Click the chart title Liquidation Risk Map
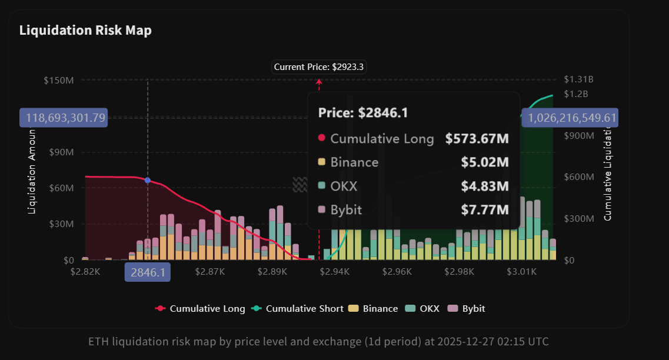click(85, 30)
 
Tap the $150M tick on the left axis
click(59, 80)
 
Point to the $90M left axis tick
click(61, 152)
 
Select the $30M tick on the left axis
click(61, 224)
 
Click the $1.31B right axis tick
click(578, 80)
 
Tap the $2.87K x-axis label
click(210, 272)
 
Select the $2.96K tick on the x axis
click(397, 272)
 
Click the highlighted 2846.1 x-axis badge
click(147, 272)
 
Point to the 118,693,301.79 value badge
click(62, 118)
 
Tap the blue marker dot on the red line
click(148, 180)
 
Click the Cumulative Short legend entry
click(298, 308)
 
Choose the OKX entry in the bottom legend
click(424, 308)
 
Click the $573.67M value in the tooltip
click(477, 139)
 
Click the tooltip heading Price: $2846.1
click(363, 113)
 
